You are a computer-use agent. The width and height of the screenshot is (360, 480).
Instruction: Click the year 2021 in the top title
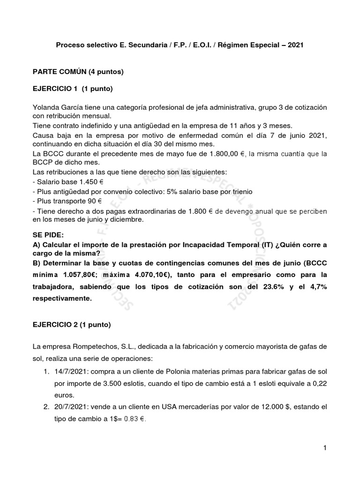[x=295, y=45]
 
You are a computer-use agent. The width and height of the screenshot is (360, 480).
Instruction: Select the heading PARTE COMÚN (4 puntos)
[x=77, y=72]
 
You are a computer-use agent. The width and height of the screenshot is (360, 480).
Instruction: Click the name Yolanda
[x=46, y=107]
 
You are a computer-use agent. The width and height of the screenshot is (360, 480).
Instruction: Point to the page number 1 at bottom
[x=324, y=449]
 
